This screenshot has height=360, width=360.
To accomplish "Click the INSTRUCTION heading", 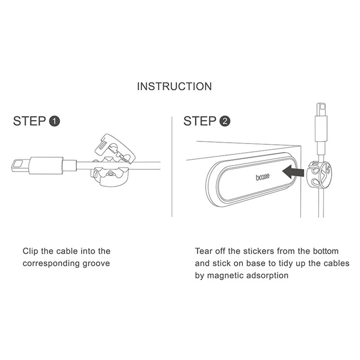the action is tap(174, 86).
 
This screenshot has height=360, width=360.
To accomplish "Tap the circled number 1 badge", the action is tap(54, 121).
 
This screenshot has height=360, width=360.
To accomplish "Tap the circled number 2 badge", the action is tap(225, 121).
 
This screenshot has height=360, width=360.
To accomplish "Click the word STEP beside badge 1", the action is tap(29, 121).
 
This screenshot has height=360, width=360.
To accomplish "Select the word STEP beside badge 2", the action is tap(200, 121).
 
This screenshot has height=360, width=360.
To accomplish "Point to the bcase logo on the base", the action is tap(263, 177).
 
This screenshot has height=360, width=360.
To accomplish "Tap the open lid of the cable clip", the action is tap(115, 149).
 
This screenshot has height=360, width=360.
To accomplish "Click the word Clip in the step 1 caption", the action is tap(30, 251).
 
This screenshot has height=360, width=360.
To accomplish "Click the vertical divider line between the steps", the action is tap(172, 167).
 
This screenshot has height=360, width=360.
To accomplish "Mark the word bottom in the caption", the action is tap(325, 251).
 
